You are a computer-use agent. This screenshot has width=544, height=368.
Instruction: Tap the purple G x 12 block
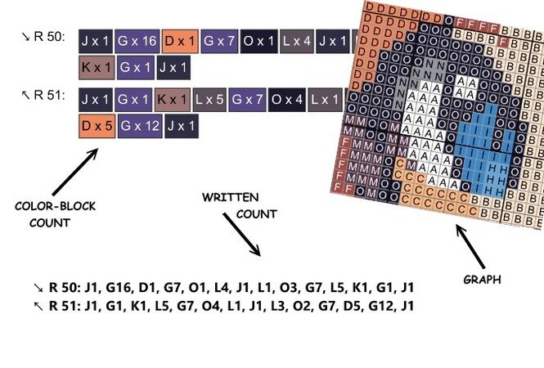pos(137,126)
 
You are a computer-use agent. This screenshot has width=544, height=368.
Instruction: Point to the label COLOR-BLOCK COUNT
pos(56,214)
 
